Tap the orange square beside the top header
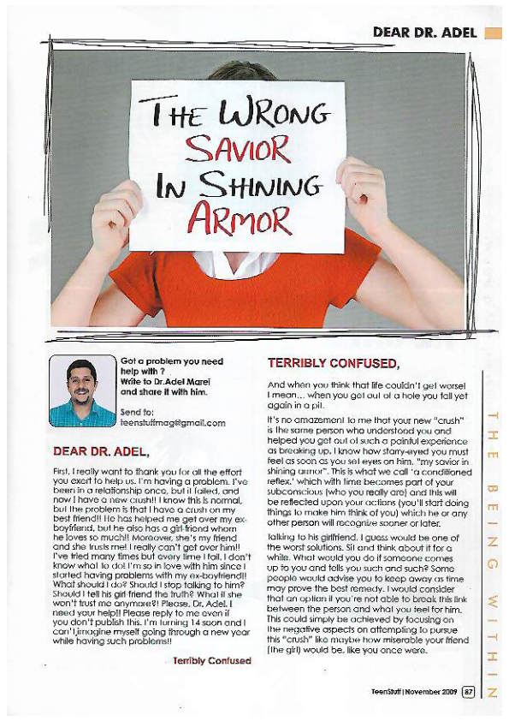pos(492,33)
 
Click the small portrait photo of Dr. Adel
pos(82,390)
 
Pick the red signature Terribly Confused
pos(211,661)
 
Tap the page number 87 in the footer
pos(468,690)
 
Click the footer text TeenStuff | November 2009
pos(415,690)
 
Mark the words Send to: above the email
pos(137,411)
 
